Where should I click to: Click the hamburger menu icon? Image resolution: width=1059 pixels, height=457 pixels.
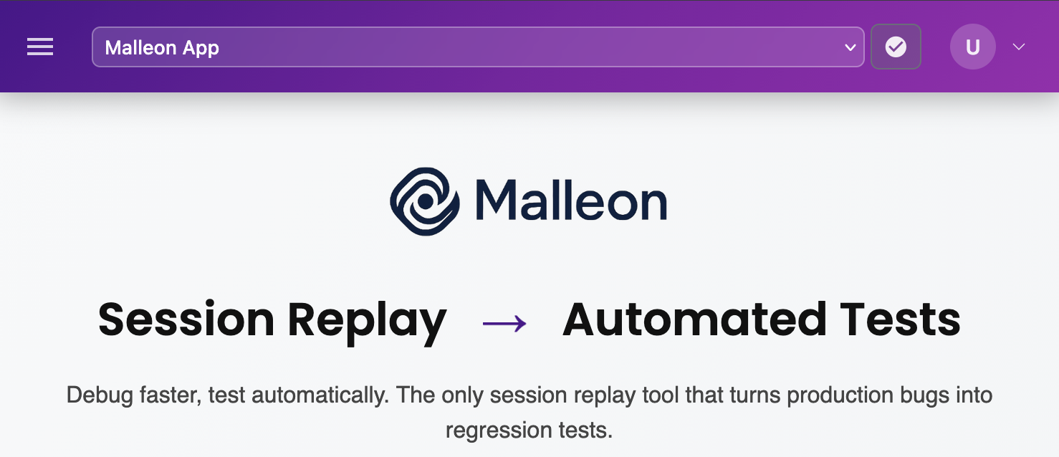(40, 47)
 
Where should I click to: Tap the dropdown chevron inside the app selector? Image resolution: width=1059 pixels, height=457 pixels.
(850, 48)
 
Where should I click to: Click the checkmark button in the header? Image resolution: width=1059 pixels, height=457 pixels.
(896, 47)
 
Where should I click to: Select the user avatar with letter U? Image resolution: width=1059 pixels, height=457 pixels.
(972, 47)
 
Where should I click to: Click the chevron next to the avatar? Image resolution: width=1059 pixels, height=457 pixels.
(1018, 47)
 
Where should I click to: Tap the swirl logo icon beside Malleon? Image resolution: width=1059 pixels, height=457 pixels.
(424, 201)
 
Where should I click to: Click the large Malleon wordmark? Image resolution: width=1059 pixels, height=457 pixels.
(571, 201)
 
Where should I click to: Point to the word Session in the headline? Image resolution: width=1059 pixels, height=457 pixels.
(186, 319)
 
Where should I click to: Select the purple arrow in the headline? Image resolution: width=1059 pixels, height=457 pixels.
(504, 324)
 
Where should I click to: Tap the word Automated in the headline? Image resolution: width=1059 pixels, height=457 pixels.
(694, 319)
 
